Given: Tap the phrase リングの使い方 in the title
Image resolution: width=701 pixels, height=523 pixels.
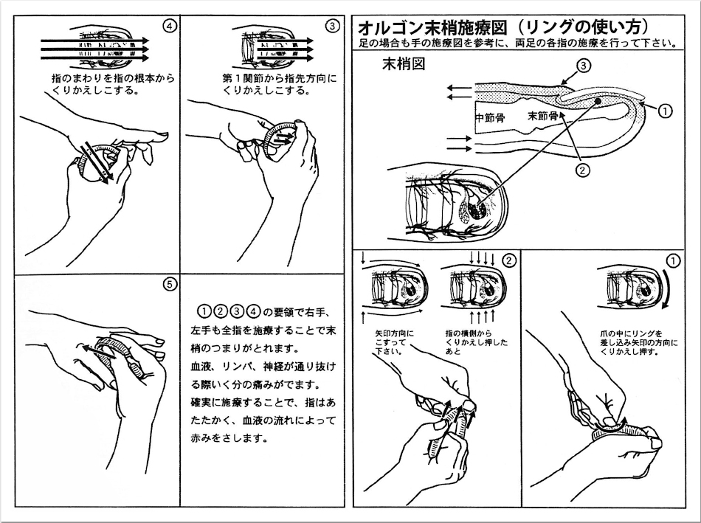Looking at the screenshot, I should [582, 27].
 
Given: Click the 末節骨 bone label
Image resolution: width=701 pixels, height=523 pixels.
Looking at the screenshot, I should [542, 117].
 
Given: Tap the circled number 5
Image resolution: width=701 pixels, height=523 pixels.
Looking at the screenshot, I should [169, 284].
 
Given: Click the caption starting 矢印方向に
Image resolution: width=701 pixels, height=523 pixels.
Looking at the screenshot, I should [395, 342].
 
